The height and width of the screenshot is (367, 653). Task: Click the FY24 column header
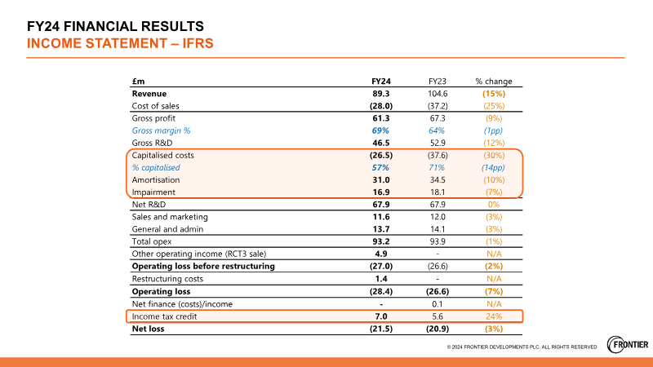click(x=382, y=82)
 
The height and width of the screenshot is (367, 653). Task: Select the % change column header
click(x=494, y=82)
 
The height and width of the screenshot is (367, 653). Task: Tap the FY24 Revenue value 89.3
click(x=382, y=94)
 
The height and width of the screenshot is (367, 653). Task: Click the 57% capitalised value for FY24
click(x=382, y=167)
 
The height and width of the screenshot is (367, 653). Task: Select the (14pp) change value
click(x=494, y=167)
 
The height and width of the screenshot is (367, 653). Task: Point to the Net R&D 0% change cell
click(x=494, y=205)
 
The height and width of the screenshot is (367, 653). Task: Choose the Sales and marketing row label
click(x=170, y=217)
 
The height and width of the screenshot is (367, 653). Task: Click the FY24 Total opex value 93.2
click(x=382, y=241)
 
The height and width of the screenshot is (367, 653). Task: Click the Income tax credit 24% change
click(x=494, y=316)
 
